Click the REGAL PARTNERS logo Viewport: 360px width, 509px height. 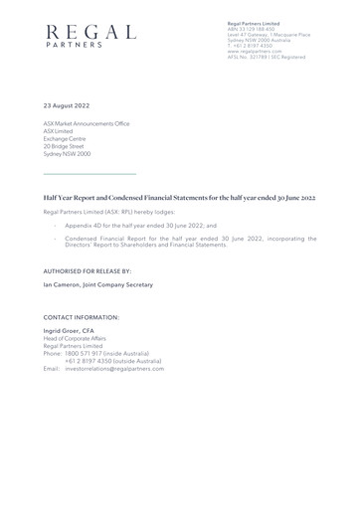coord(90,37)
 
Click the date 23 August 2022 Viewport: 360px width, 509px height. coord(67,104)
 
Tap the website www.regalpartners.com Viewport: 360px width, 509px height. coord(255,51)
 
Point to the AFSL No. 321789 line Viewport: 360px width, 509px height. coord(266,57)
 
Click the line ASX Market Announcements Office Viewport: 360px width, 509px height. coord(87,123)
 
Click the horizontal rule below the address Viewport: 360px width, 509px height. coord(89,175)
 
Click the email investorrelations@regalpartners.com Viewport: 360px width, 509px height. coord(114,368)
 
